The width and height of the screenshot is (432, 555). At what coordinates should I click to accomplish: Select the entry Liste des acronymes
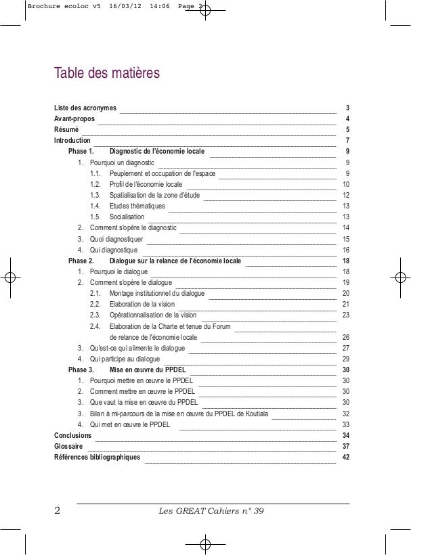[x=85, y=108]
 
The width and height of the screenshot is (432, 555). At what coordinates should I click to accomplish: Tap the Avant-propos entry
[x=74, y=119]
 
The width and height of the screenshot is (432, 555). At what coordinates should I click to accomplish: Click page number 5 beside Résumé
[x=347, y=130]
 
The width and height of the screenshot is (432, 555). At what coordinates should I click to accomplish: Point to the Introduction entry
[x=72, y=141]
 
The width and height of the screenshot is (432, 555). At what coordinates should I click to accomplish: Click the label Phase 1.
[x=81, y=152]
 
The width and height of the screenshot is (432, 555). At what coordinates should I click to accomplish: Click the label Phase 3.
[x=81, y=370]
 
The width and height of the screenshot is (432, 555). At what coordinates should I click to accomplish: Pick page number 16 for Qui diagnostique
[x=346, y=250]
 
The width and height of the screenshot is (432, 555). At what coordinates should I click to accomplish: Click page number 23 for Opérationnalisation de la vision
[x=346, y=315]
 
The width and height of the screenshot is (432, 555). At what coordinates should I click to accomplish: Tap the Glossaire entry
[x=69, y=447]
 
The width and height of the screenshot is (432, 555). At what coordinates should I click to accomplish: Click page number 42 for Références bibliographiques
[x=346, y=458]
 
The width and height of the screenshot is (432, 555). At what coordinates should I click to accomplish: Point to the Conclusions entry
[x=73, y=435]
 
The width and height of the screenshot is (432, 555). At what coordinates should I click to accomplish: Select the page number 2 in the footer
[x=58, y=510]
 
